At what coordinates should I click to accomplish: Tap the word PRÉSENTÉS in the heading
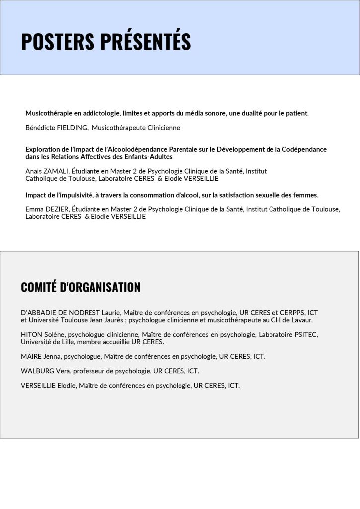pos(146,42)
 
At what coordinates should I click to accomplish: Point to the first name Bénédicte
pos(39,128)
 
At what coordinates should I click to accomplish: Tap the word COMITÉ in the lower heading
pos(38,287)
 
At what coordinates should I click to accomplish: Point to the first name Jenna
pos(52,356)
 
